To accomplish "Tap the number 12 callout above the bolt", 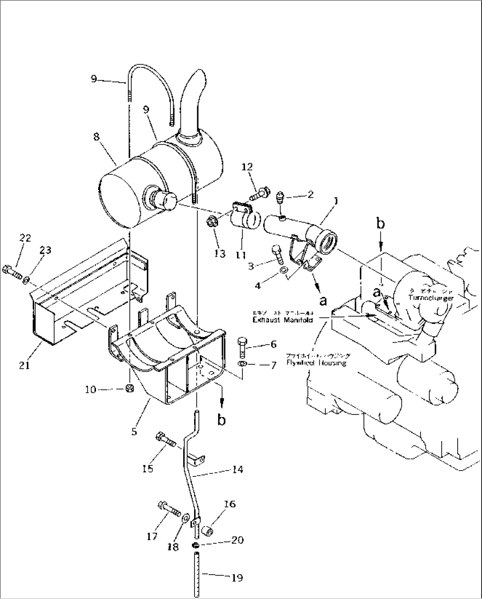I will [247, 167].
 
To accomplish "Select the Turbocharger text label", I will [431, 298].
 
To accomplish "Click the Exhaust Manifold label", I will [283, 319].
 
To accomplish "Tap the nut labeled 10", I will [130, 389].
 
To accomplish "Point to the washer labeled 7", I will [242, 364].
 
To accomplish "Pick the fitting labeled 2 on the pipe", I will [280, 196].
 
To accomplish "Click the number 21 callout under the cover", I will [25, 366].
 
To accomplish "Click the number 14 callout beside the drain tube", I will [237, 469].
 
